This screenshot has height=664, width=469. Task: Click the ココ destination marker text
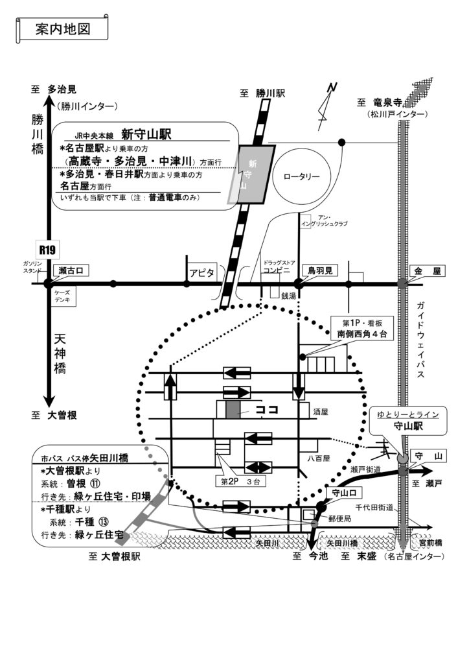pos(267,410)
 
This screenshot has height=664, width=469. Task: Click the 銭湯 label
pos(289,295)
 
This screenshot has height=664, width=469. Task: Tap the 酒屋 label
pos(322,411)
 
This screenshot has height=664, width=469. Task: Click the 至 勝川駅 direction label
pos(262,93)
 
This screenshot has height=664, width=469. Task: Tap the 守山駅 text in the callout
pos(408,427)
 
